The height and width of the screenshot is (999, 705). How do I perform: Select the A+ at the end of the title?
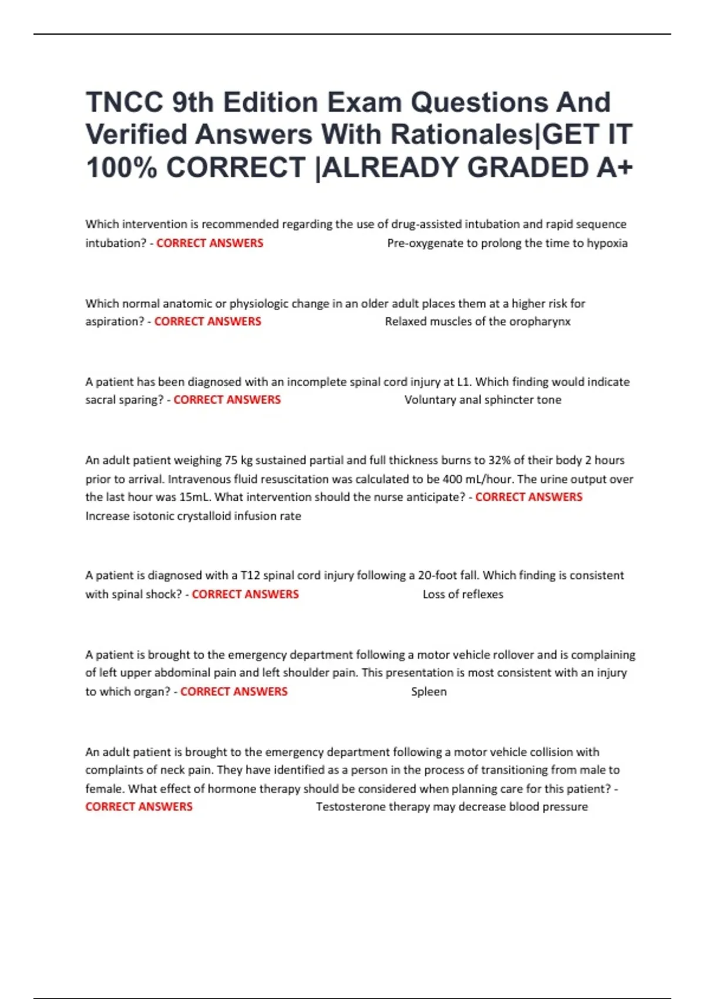point(615,167)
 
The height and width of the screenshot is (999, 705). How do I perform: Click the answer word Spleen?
point(429,692)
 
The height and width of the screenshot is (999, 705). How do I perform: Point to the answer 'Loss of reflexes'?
point(463,594)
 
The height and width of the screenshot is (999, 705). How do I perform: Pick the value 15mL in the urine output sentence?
point(194,497)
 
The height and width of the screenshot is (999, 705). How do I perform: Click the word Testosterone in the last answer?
point(350,807)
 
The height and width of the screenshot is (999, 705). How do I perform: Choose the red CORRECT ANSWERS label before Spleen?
point(234,692)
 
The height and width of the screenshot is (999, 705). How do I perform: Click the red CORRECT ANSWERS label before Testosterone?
point(139,807)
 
